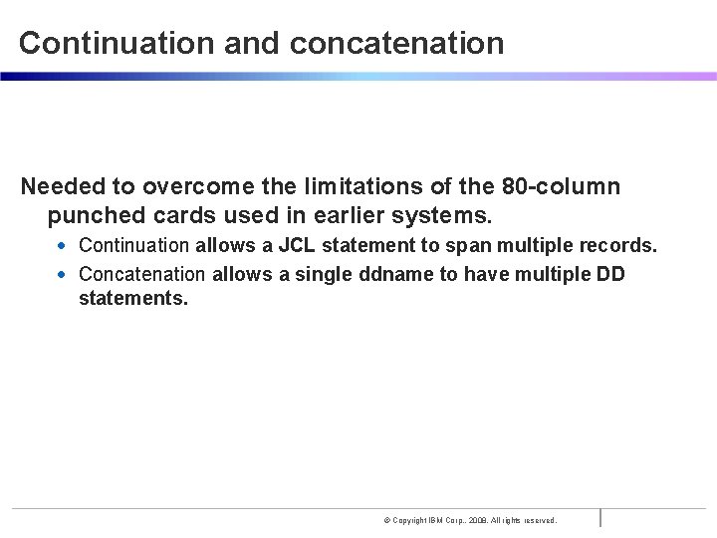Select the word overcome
(188, 186)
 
